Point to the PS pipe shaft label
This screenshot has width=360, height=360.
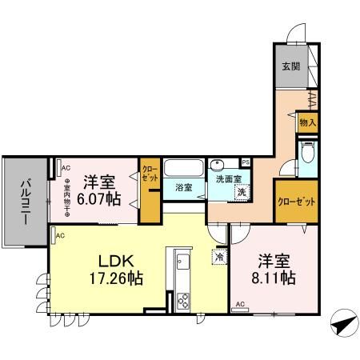coord(246,162)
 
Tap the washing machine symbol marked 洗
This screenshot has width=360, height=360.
coord(239,191)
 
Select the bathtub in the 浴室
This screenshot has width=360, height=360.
coord(183,170)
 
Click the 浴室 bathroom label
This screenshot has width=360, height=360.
coord(183,187)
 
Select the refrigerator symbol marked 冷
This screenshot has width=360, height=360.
coord(218,258)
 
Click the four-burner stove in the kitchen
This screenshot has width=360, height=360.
coord(182,302)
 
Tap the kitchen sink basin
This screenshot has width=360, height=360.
coord(181,262)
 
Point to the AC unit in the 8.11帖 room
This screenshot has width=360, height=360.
coord(240,305)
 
